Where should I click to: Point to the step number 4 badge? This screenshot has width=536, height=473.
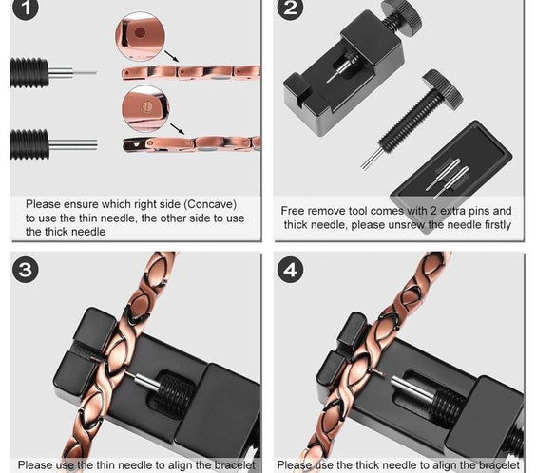pyautogui.click(x=290, y=270)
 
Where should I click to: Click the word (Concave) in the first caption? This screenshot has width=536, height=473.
pyautogui.click(x=205, y=204)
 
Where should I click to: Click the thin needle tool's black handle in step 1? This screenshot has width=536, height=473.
pyautogui.click(x=29, y=72)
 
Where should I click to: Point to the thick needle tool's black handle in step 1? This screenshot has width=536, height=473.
pyautogui.click(x=29, y=144)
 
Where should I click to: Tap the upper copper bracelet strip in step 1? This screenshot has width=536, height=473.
pyautogui.click(x=190, y=72)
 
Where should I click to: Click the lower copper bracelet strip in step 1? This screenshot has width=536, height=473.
pyautogui.click(x=190, y=143)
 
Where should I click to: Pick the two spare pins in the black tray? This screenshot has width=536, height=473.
pyautogui.click(x=446, y=175)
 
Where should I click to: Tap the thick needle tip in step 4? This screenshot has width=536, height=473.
pyautogui.click(x=399, y=384)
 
